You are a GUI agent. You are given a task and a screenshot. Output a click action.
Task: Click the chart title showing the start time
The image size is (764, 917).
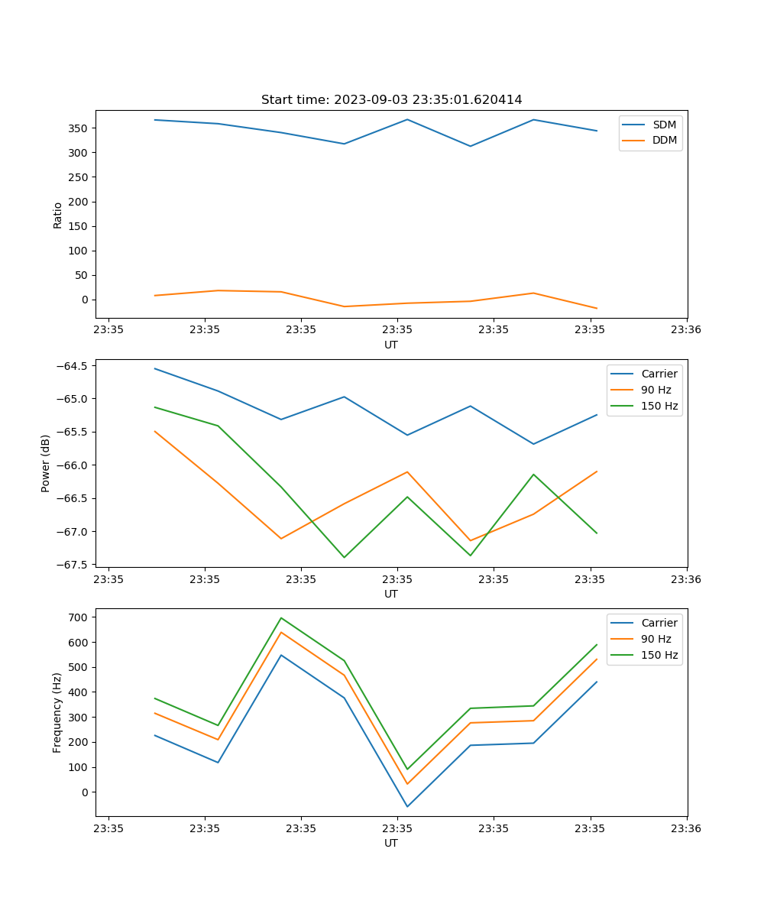point(391,100)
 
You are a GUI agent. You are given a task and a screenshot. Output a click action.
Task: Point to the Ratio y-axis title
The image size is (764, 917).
point(58,215)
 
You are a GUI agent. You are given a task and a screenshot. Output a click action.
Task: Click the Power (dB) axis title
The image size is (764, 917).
point(46,463)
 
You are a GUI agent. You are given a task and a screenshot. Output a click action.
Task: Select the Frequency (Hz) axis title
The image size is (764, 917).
point(58,712)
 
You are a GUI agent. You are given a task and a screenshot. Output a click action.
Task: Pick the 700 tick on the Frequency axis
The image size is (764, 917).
point(79,617)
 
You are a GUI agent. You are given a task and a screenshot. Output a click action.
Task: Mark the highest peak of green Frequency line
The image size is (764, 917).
point(281,618)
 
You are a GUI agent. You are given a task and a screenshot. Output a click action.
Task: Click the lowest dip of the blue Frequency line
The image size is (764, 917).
point(407,806)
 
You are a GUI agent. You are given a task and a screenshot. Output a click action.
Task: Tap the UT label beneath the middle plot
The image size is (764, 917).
point(391,594)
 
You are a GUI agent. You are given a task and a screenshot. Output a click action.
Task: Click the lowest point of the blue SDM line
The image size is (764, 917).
point(470,146)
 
